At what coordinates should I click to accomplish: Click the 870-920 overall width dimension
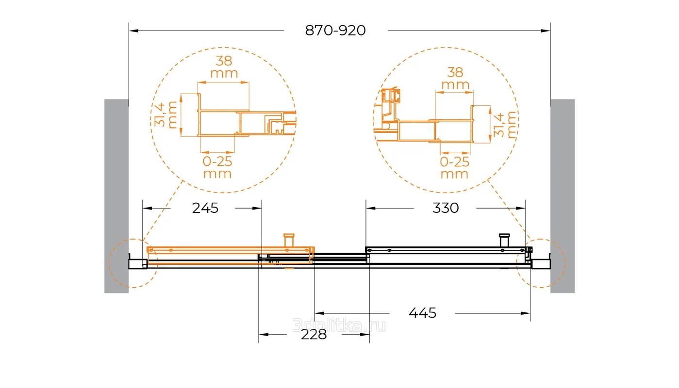pos(335,31)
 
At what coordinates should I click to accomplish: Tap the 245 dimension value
pos(205,208)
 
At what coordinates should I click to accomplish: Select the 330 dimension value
pos(445,208)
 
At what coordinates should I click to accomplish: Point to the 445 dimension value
pos(423,313)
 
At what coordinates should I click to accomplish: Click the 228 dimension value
pos(314,335)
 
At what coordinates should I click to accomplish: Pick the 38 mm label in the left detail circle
pos(224,67)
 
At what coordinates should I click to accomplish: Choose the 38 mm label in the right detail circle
pos(455,79)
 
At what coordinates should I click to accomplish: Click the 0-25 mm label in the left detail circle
pos(217,167)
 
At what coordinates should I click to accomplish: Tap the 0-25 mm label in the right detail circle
pos(454,168)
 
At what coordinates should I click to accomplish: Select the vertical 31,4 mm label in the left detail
pos(165,115)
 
